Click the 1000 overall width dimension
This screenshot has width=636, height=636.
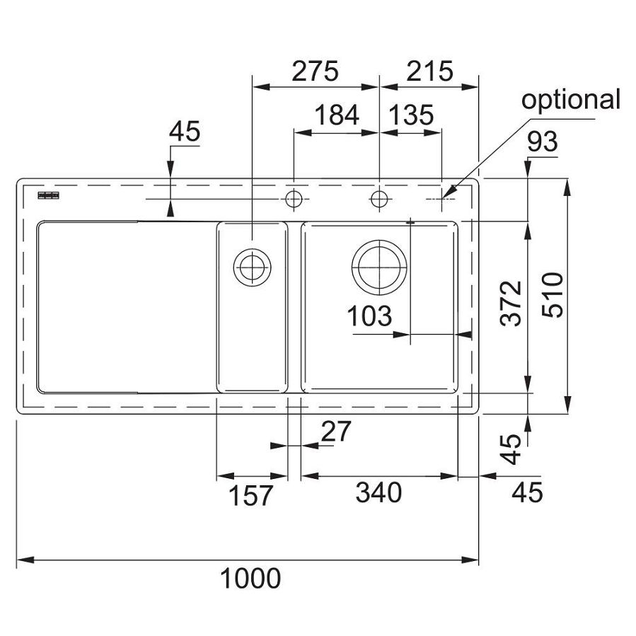click(250, 579)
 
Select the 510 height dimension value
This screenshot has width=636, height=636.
click(554, 295)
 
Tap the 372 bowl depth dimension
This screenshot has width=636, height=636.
click(511, 303)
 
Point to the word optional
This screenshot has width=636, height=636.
click(570, 100)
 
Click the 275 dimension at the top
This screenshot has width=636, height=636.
click(316, 71)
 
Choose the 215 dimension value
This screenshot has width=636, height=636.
click(429, 71)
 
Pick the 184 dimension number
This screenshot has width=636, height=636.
click(336, 115)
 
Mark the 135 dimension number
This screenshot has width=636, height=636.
click(410, 115)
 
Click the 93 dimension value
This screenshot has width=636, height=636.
click(543, 142)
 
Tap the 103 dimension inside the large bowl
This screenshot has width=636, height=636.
click(369, 316)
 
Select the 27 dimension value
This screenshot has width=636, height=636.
click(336, 432)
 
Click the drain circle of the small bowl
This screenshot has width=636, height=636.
click(251, 267)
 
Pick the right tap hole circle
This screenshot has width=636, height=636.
click(380, 199)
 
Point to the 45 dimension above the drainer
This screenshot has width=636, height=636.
click(185, 131)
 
